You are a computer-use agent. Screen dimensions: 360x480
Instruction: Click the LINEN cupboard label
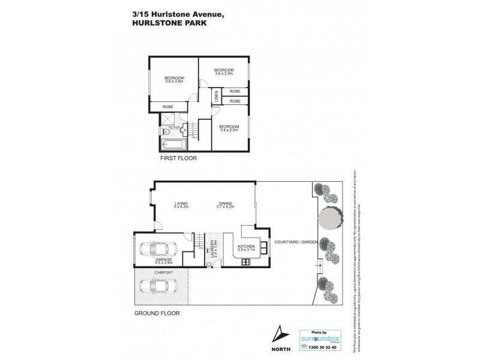tap(217, 96)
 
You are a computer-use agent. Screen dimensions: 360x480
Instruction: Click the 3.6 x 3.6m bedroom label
tap(175, 80)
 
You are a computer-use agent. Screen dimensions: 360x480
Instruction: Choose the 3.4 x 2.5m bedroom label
tap(229, 128)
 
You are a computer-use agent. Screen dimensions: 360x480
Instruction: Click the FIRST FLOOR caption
tap(178, 160)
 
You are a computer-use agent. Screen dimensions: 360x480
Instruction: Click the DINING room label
tap(225, 205)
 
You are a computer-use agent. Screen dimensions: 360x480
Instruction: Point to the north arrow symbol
tap(278, 333)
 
